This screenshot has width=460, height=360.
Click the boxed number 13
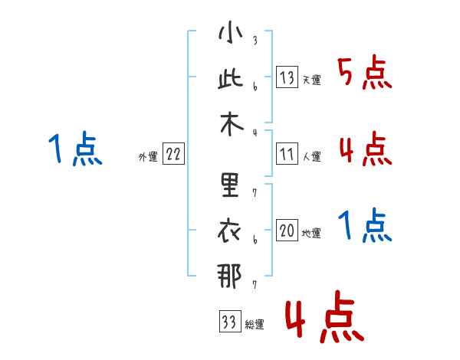[287, 77]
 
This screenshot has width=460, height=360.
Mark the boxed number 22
[173, 154]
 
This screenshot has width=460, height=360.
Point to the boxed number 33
[228, 322]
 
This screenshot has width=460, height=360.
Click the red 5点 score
[366, 74]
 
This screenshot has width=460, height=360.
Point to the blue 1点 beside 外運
[74, 149]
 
